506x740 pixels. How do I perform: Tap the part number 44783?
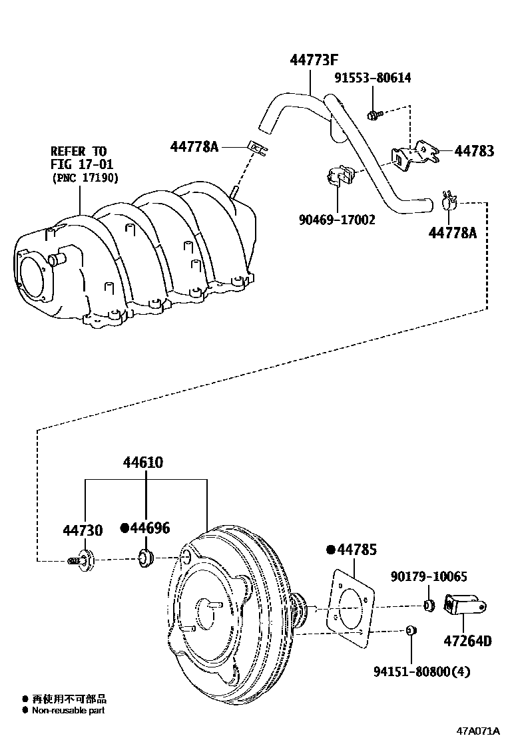coord(474,151)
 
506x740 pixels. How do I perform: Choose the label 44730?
coord(83,530)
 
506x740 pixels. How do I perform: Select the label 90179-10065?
coord(429,576)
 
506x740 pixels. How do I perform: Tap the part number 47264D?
coord(467,641)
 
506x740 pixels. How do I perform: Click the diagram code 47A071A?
coord(477,731)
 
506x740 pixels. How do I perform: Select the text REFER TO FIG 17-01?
coord(79,157)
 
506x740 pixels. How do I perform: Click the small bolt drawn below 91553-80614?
coord(374,115)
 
